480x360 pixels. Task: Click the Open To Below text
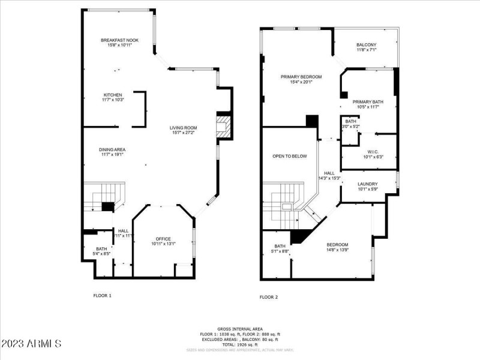(x=289, y=156)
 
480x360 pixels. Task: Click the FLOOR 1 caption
(x=102, y=295)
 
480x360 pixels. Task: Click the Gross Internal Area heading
(x=239, y=329)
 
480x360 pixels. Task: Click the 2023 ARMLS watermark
(x=31, y=344)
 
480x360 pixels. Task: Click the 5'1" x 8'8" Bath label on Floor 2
(x=280, y=248)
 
